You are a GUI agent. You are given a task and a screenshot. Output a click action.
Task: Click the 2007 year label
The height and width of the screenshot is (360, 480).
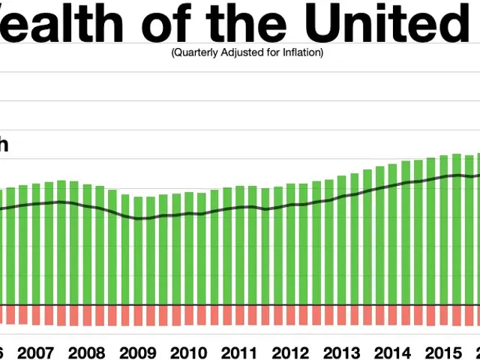coord(35,352)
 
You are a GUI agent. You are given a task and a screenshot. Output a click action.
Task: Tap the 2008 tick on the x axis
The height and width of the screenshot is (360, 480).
coord(86,352)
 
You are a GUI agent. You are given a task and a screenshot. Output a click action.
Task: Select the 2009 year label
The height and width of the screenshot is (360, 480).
coord(137,352)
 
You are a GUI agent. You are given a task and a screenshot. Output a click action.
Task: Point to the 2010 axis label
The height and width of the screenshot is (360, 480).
coord(188,352)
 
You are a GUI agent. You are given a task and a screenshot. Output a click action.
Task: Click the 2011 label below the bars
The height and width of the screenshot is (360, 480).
coord(239,352)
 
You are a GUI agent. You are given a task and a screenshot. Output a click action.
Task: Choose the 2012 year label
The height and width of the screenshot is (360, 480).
coord(290,352)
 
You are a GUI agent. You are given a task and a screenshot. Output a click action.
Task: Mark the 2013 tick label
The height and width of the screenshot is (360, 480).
coord(341,352)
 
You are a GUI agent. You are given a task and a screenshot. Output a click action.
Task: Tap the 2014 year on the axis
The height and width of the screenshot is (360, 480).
coord(392,352)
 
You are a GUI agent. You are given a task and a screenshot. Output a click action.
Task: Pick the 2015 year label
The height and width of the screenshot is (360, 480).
coord(443,352)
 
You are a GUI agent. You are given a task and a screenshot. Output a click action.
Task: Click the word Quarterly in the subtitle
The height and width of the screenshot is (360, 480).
coord(192,52)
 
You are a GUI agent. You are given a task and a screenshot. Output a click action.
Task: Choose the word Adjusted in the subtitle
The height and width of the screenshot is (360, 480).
coord(235,52)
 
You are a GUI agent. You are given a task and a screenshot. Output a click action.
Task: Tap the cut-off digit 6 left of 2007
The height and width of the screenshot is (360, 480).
coord(2,352)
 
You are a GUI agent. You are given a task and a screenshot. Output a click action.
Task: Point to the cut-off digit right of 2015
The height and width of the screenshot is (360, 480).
coord(476,352)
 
